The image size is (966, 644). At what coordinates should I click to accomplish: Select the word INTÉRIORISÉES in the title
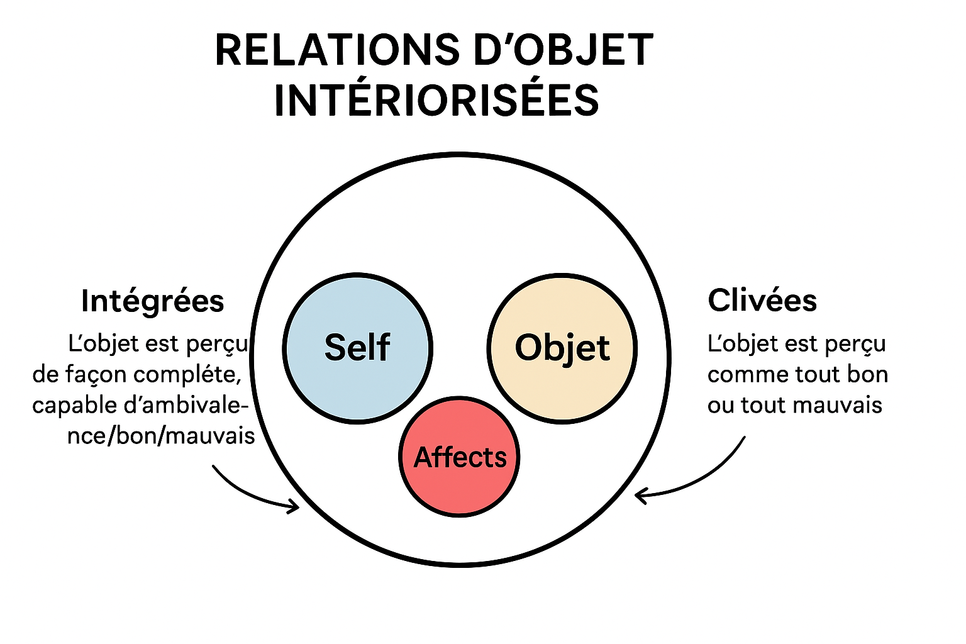click(x=436, y=101)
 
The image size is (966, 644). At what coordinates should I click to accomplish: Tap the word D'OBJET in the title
click(x=563, y=50)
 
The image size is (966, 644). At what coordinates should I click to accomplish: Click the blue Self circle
click(x=357, y=348)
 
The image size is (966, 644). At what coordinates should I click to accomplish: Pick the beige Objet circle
click(x=562, y=348)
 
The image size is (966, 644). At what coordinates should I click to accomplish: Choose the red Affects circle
click(x=460, y=457)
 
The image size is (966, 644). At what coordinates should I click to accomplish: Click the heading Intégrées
click(x=153, y=301)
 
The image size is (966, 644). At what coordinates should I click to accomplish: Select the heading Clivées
click(x=762, y=301)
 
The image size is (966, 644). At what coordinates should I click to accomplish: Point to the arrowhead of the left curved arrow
click(x=296, y=506)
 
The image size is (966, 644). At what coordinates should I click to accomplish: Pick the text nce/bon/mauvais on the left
click(x=161, y=435)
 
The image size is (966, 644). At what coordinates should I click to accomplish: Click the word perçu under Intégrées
click(x=222, y=345)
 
